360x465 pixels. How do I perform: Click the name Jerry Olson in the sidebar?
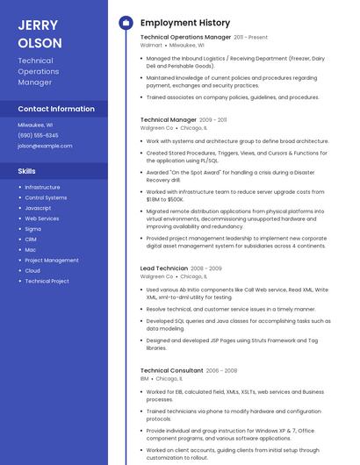[40, 33]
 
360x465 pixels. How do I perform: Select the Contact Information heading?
[56, 109]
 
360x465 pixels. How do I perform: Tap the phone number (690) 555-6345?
[38, 135]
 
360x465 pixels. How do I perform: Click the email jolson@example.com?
[45, 146]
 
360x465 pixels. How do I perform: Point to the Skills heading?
[27, 171]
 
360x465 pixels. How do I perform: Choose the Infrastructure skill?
[42, 187]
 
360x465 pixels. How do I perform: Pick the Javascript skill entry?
[38, 208]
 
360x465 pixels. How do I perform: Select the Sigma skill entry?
[32, 228]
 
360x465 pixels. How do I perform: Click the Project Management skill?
[52, 260]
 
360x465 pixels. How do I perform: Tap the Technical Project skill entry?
[47, 281]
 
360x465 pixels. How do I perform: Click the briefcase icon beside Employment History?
[126, 23]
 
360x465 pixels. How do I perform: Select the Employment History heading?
[184, 23]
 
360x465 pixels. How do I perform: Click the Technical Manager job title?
[169, 119]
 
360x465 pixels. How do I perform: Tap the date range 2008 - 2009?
[206, 268]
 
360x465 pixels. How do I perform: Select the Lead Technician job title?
[164, 268]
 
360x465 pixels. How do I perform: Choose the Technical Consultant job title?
[171, 370]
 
